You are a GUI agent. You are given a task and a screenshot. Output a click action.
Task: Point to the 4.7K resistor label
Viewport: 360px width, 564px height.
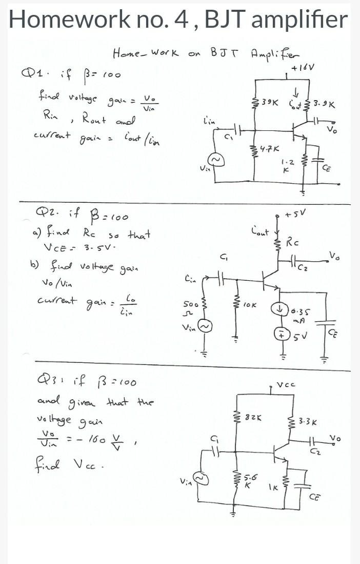[270, 150]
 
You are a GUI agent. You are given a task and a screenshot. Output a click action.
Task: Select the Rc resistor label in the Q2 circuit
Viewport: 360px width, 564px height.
[293, 240]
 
